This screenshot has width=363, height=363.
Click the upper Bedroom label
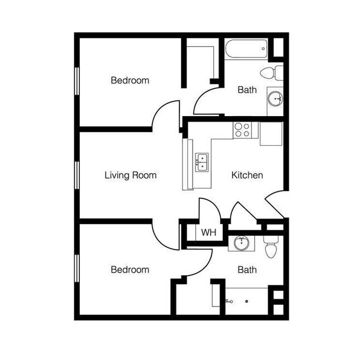pos(130,80)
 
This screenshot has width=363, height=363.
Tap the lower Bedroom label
pos(130,270)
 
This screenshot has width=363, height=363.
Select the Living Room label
pos(131,175)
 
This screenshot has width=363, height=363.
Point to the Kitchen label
pos(247,175)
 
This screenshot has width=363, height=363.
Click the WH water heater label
pos(208,232)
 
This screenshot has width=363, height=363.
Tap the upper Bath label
pos(247,89)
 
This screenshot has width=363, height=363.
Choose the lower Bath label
pos(247,270)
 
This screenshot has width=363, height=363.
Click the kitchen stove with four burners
pos(242,130)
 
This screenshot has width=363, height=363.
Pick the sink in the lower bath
pos(241,243)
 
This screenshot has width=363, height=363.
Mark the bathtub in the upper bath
pos(246,49)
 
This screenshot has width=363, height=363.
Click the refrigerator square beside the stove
pos(271,133)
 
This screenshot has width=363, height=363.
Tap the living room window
pos(77,174)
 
